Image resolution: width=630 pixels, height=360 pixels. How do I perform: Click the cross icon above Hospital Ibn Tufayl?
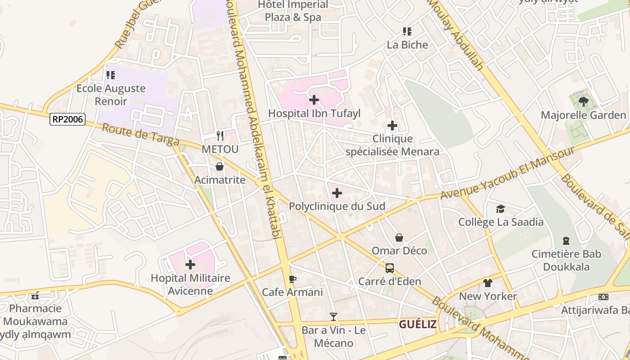click(314, 100)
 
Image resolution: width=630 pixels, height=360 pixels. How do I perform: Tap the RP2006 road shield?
click(67, 119)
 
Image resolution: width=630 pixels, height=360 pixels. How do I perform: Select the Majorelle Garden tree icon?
click(584, 102)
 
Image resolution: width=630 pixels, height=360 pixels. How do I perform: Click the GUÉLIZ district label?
click(418, 324)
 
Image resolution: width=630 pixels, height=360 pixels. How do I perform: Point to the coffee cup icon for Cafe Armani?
click(292, 279)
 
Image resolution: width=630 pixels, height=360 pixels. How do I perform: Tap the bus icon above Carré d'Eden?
click(390, 268)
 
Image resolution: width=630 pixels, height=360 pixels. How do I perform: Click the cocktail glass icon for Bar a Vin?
click(333, 317)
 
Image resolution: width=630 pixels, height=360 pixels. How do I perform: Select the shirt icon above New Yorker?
click(488, 283)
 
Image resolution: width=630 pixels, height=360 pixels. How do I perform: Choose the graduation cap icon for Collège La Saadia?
click(500, 209)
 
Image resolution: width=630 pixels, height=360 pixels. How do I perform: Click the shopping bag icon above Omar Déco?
click(399, 238)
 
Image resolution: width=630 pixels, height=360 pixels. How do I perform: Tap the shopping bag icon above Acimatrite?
click(220, 167)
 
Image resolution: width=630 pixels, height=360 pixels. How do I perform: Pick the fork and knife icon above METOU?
click(220, 135)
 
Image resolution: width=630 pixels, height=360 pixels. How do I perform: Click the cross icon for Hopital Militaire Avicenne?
click(190, 265)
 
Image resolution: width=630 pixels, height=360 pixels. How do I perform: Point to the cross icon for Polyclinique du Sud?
click(337, 193)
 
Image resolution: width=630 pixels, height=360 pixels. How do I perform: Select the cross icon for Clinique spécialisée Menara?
click(392, 126)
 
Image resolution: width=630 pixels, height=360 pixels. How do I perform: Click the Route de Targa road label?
click(140, 134)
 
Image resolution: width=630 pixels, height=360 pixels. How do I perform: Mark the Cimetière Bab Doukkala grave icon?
click(566, 241)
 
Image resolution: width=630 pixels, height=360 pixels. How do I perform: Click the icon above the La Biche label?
click(407, 31)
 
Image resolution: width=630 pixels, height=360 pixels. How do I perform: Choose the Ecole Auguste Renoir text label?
click(111, 94)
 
